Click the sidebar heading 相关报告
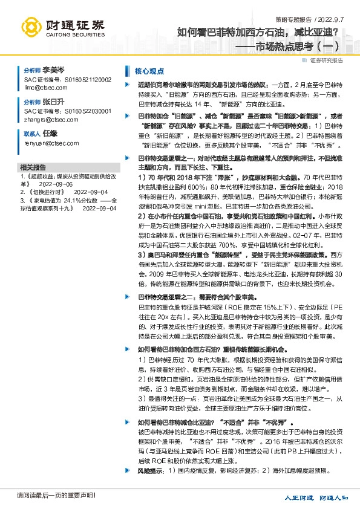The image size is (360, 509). (33, 166)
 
